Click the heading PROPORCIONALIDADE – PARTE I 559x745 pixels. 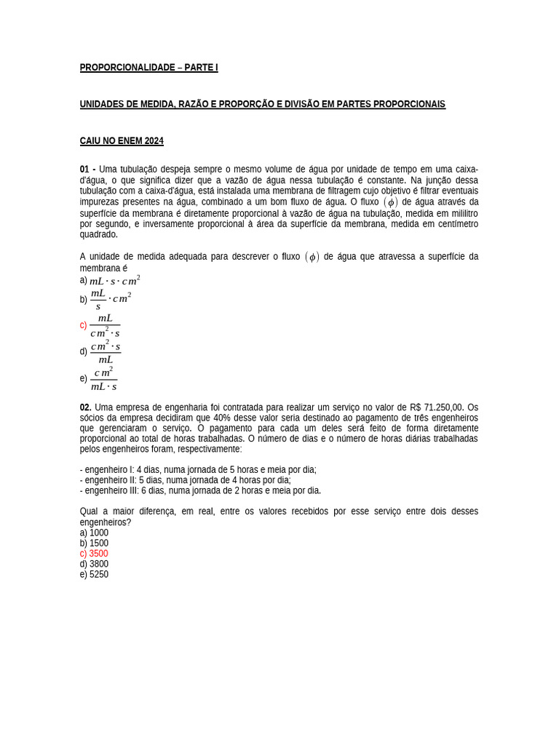[x=148, y=68]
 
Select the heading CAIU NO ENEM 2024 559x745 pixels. [x=122, y=141]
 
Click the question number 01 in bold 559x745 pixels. [x=85, y=170]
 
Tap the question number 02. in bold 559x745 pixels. [x=86, y=407]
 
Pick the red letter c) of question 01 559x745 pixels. [x=83, y=325]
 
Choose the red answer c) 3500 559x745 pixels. [x=94, y=554]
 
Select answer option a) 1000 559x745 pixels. [x=94, y=533]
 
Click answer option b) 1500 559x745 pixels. [x=94, y=543]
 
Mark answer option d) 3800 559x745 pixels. [x=94, y=564]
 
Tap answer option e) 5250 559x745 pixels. [x=94, y=574]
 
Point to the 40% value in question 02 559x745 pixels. [x=222, y=418]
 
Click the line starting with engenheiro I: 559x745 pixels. [x=198, y=470]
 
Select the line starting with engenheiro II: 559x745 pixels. [x=185, y=480]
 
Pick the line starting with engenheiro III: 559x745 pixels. [x=200, y=490]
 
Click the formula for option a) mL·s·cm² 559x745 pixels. [x=114, y=281]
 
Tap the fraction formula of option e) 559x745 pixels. [x=103, y=379]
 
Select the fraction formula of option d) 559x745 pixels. [x=106, y=352]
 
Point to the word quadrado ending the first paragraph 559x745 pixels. [x=98, y=234]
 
